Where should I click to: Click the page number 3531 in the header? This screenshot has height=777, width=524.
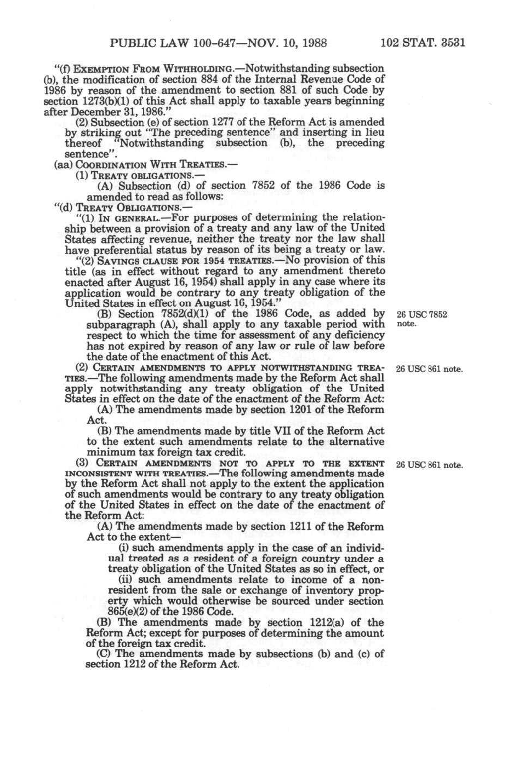point(447,43)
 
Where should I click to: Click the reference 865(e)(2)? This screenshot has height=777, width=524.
point(133,611)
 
